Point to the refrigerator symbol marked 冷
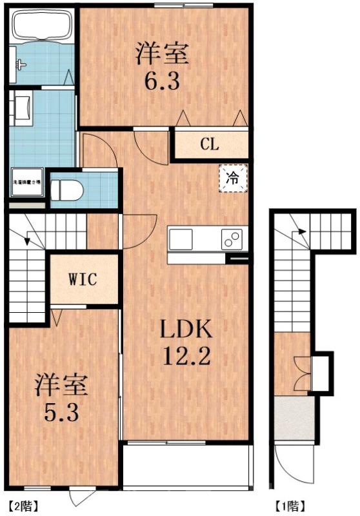coord(231,178)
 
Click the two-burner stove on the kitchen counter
coord(232,239)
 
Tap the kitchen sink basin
coord(181,239)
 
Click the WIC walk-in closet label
coord(83,280)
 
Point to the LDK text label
coord(186,330)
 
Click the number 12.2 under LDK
coord(186,356)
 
